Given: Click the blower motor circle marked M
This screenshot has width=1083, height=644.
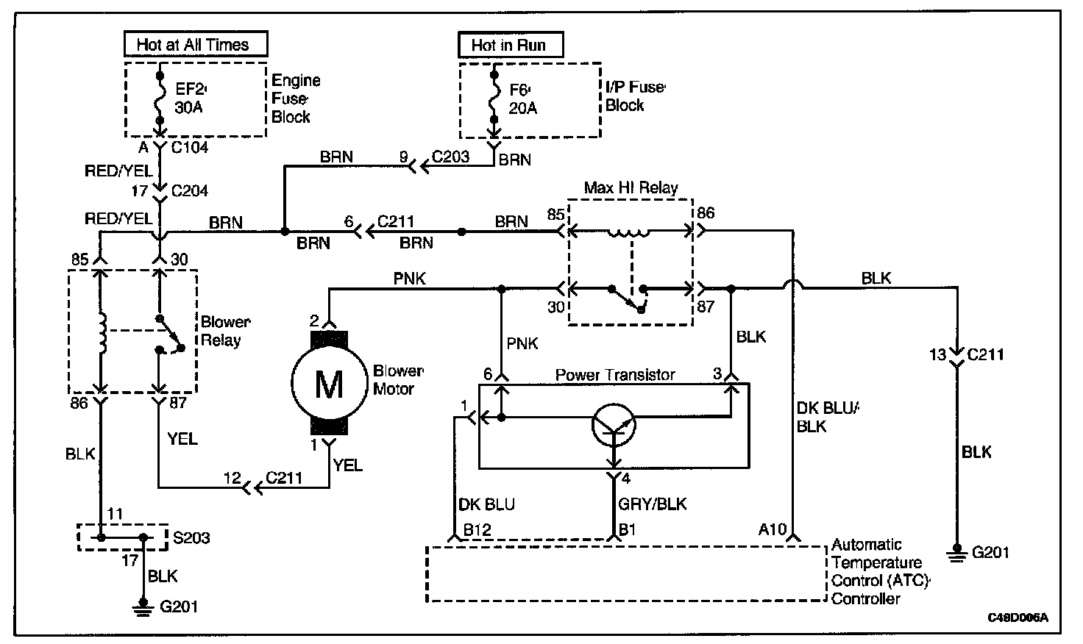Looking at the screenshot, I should click(x=328, y=383).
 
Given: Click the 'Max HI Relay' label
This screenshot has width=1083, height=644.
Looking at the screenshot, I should click(x=631, y=187).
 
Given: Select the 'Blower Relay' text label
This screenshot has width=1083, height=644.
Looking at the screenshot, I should click(x=226, y=332).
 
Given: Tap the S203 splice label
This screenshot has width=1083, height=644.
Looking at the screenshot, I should click(x=191, y=538).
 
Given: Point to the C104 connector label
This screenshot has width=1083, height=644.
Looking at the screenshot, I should click(x=189, y=148).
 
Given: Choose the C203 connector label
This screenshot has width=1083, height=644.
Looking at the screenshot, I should click(x=450, y=157).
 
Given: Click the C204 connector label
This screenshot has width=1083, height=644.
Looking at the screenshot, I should click(x=189, y=191).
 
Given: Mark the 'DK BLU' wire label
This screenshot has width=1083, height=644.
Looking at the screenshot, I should click(x=486, y=504).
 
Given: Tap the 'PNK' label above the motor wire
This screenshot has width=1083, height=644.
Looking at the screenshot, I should click(x=410, y=279).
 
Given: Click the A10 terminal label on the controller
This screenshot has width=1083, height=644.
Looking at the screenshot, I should click(x=773, y=529).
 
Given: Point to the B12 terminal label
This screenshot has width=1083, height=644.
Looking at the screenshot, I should click(x=477, y=529).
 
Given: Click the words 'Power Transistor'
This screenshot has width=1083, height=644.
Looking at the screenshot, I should click(x=615, y=375).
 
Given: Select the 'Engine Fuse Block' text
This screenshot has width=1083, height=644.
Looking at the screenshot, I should click(x=296, y=99).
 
